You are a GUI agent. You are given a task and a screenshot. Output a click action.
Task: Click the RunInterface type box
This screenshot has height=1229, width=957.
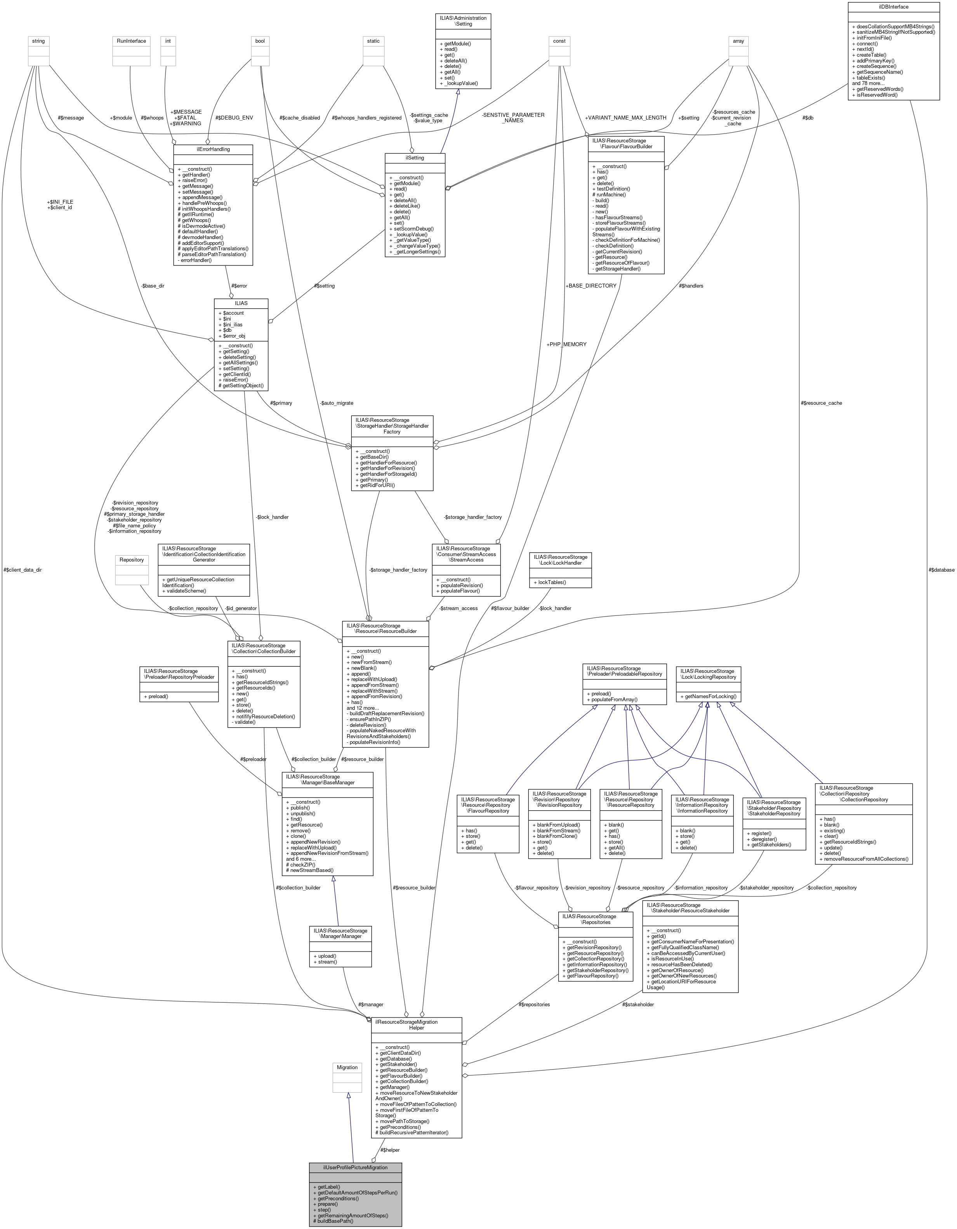(131, 41)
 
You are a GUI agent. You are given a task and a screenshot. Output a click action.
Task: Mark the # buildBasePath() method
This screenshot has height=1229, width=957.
(335, 1220)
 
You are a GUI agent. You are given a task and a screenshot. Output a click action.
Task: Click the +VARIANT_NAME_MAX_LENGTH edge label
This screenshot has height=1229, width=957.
(625, 118)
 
